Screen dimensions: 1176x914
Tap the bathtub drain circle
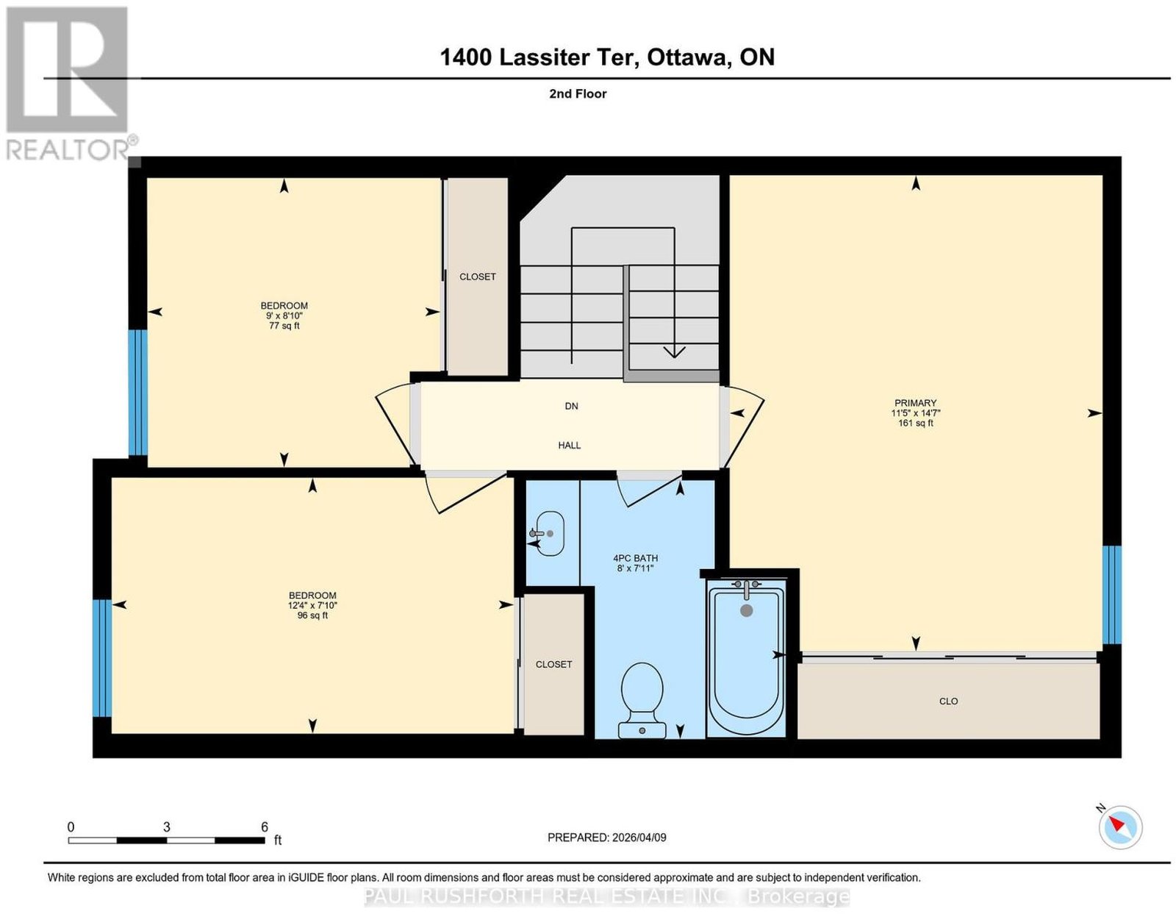746,610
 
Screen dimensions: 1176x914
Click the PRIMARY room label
915,403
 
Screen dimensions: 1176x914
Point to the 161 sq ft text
915,423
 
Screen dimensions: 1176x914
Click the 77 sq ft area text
284,326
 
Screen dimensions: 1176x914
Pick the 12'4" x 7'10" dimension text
312,606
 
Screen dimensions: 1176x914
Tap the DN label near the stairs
572,406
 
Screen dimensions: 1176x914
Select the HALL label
570,445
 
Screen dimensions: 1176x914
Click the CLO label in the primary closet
948,701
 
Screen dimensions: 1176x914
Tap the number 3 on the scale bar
167,826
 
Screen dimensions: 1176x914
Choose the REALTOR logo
68,83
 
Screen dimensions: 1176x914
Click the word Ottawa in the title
686,57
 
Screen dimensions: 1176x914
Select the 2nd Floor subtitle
578,93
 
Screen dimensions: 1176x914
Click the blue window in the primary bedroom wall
1111,595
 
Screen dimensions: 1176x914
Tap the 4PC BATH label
635,558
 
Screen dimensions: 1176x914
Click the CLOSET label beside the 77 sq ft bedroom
477,276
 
